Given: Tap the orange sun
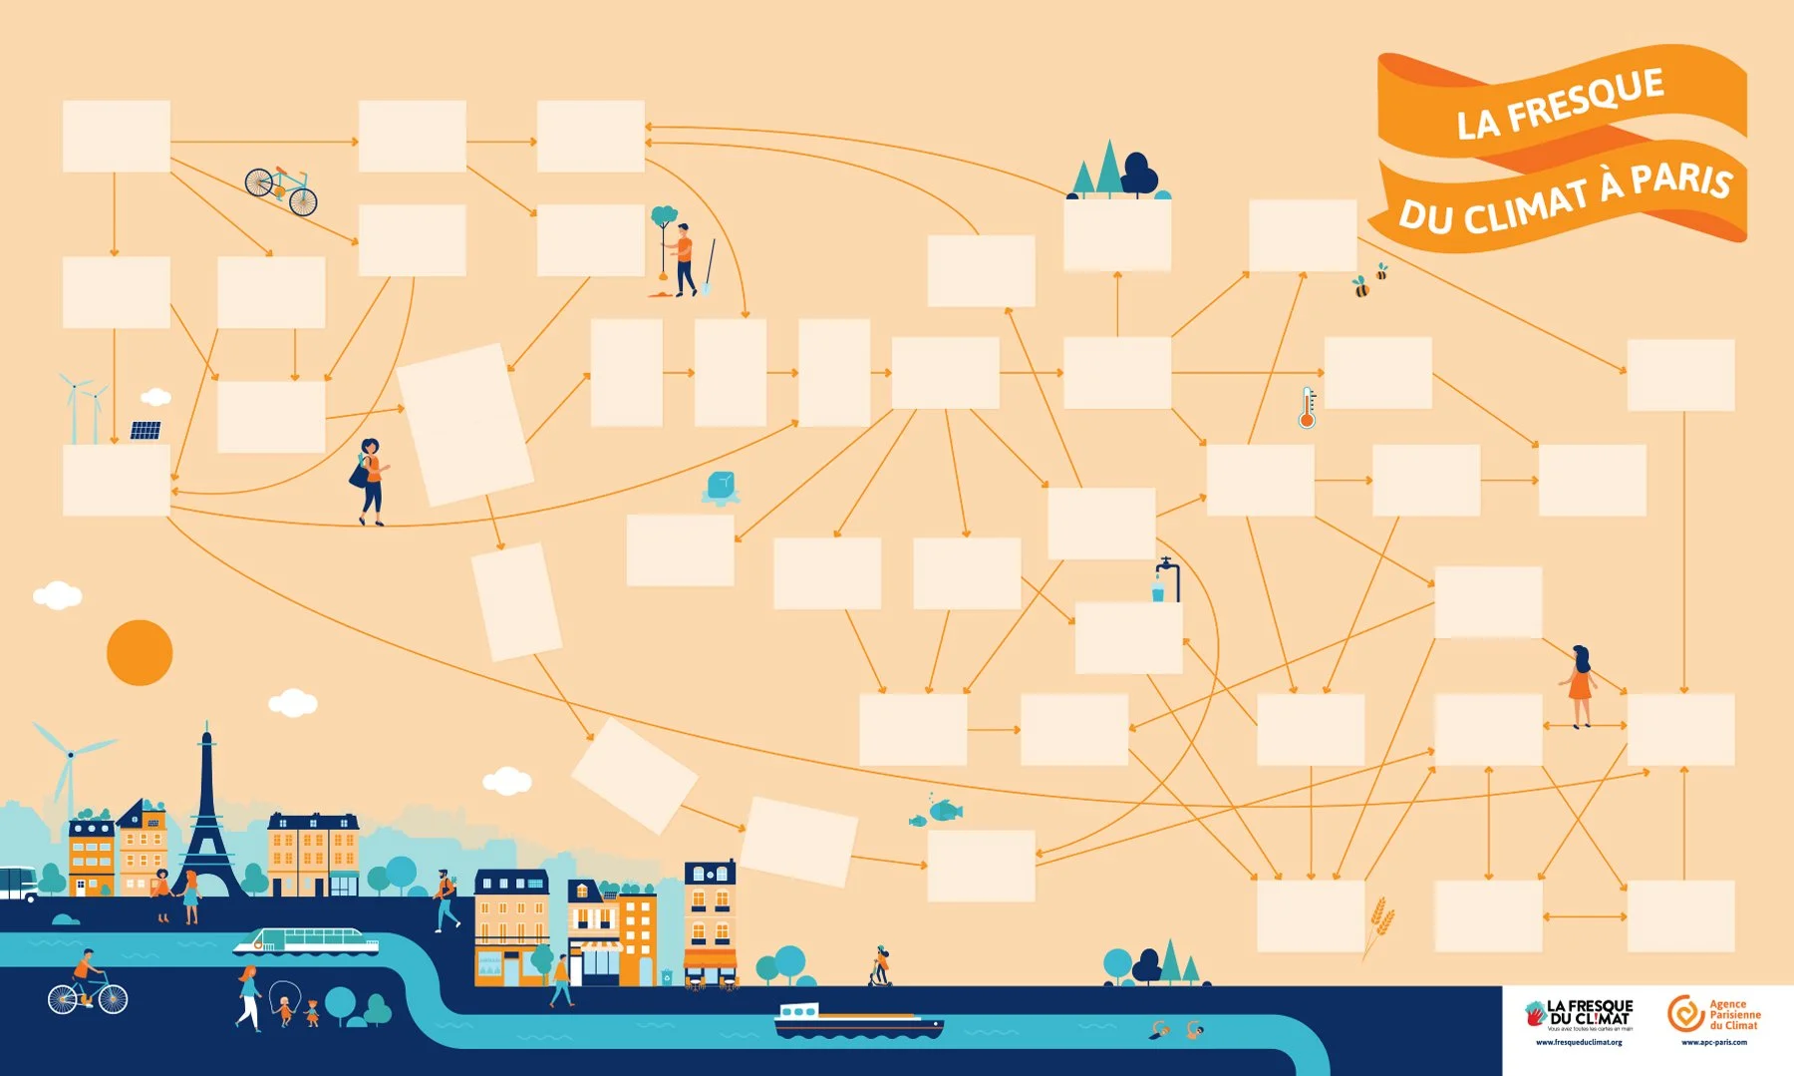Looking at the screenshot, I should click(140, 652).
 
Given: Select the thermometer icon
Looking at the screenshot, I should click(1308, 408).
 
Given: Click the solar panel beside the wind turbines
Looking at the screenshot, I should click(146, 431).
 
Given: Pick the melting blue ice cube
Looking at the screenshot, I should click(721, 488).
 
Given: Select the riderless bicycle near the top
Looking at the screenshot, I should click(281, 189).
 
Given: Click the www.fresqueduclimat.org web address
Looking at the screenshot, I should click(1579, 1042).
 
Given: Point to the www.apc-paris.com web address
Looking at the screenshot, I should click(1714, 1042).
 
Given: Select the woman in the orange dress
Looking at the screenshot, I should click(1579, 686).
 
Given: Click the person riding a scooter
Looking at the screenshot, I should click(880, 965).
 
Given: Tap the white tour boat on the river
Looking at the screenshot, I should click(306, 940).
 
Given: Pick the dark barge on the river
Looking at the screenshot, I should click(857, 1022).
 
